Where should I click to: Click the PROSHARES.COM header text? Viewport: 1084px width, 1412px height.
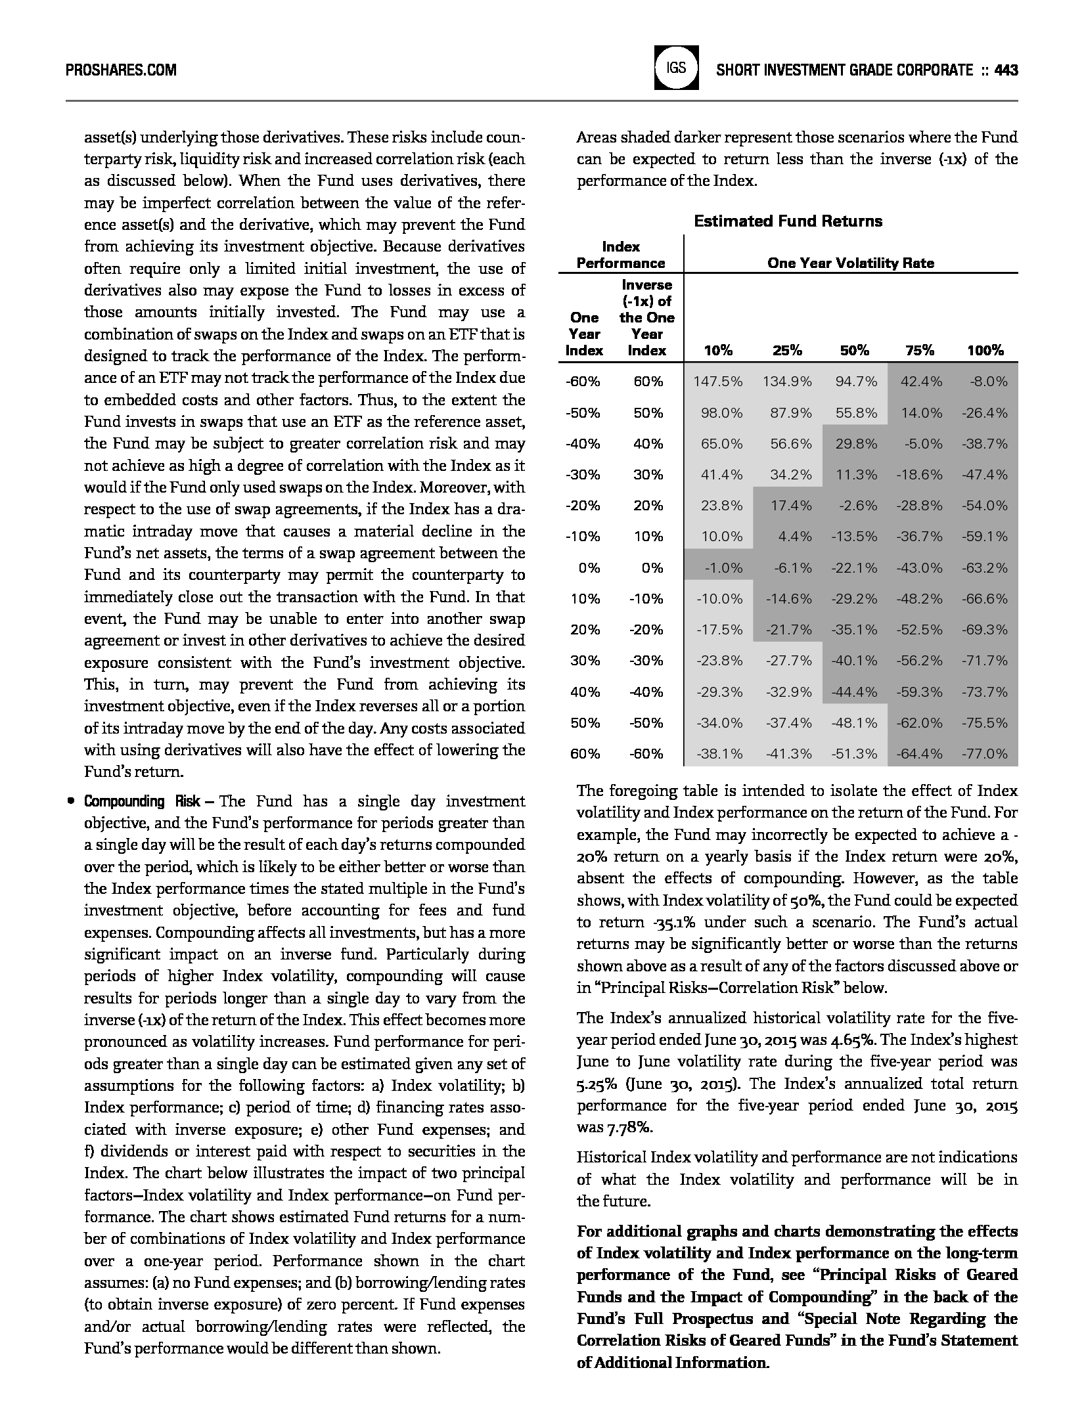[122, 70]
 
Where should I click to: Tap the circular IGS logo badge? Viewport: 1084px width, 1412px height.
[676, 68]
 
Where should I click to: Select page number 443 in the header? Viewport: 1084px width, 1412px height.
[1006, 70]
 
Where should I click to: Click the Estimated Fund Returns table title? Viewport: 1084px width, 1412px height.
[788, 221]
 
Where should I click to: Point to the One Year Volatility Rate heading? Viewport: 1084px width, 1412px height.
[850, 263]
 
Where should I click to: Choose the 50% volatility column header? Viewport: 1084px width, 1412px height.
[854, 351]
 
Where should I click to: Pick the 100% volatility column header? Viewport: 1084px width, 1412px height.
[985, 351]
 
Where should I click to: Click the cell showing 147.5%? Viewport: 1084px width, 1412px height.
[718, 382]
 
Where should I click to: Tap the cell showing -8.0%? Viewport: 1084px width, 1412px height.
[988, 382]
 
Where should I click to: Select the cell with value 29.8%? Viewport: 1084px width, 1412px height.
[856, 444]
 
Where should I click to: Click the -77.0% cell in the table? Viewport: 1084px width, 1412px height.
[985, 754]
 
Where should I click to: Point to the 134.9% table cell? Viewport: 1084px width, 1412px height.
[787, 382]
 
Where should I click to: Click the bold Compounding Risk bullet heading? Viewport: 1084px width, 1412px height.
[143, 801]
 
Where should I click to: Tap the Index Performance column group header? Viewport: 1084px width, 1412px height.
[621, 255]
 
